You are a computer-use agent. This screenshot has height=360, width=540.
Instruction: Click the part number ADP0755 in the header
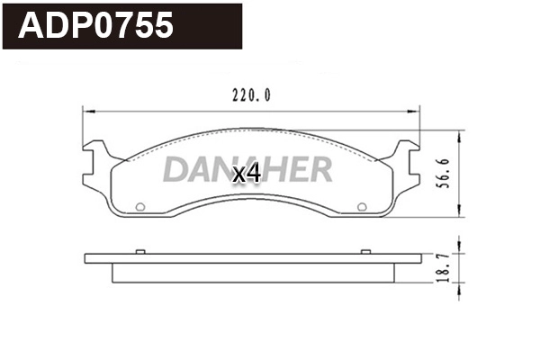click(x=97, y=26)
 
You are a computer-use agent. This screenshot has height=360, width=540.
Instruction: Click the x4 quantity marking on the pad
click(x=246, y=174)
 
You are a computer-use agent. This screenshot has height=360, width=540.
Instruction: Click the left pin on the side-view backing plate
click(x=139, y=251)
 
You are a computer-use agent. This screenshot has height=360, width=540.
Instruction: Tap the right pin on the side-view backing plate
click(x=364, y=251)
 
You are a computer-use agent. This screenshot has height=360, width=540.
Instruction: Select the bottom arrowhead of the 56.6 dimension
click(x=461, y=214)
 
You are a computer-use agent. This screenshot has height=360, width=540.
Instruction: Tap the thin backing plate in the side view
click(x=252, y=258)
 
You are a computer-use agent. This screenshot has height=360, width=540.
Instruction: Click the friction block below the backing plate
click(x=252, y=273)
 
